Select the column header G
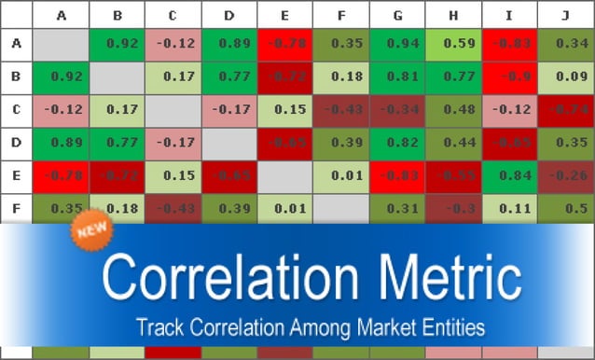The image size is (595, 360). (397, 15)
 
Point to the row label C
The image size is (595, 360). (16, 110)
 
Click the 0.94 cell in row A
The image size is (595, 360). (397, 43)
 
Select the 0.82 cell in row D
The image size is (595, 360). (397, 143)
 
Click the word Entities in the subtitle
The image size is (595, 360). (446, 328)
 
